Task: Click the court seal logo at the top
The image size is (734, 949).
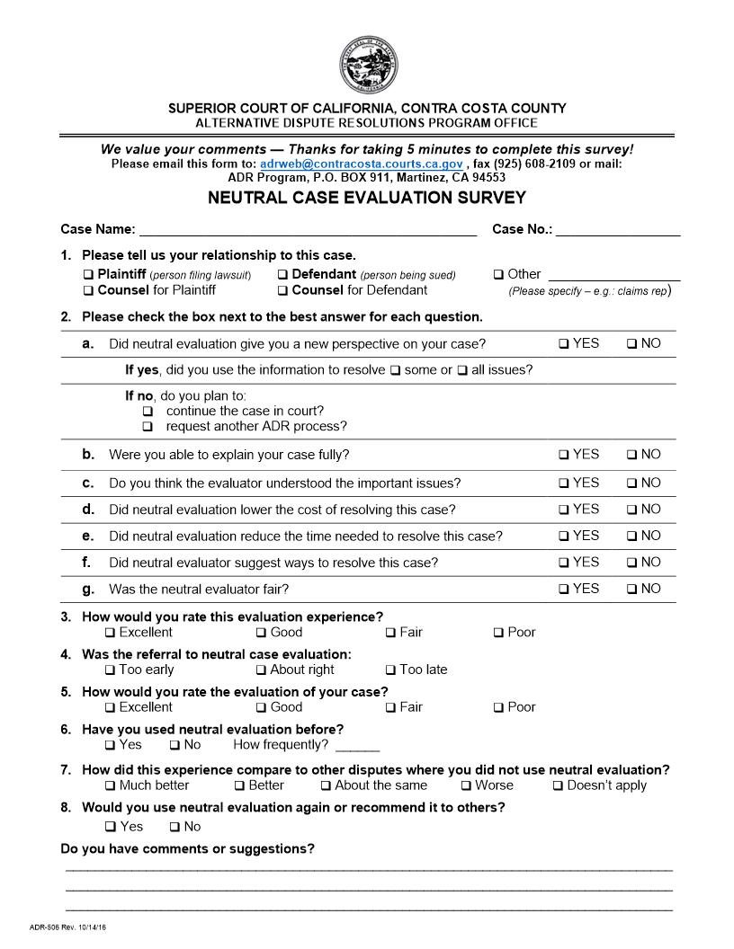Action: click(366, 67)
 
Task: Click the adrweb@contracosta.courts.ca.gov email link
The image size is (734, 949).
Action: click(361, 164)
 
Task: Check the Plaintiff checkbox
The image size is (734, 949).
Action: click(88, 275)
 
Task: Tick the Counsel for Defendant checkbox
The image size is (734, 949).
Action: click(283, 291)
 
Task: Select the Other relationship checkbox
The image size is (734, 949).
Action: click(499, 275)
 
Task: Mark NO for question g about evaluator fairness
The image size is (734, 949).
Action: click(631, 590)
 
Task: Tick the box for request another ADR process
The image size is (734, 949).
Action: click(148, 427)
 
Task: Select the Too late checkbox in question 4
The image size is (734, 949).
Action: click(391, 670)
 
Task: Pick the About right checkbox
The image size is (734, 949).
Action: click(262, 670)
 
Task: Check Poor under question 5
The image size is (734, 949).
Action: click(499, 707)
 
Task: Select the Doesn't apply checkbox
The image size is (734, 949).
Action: click(559, 786)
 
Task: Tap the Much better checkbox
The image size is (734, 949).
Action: click(111, 786)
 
